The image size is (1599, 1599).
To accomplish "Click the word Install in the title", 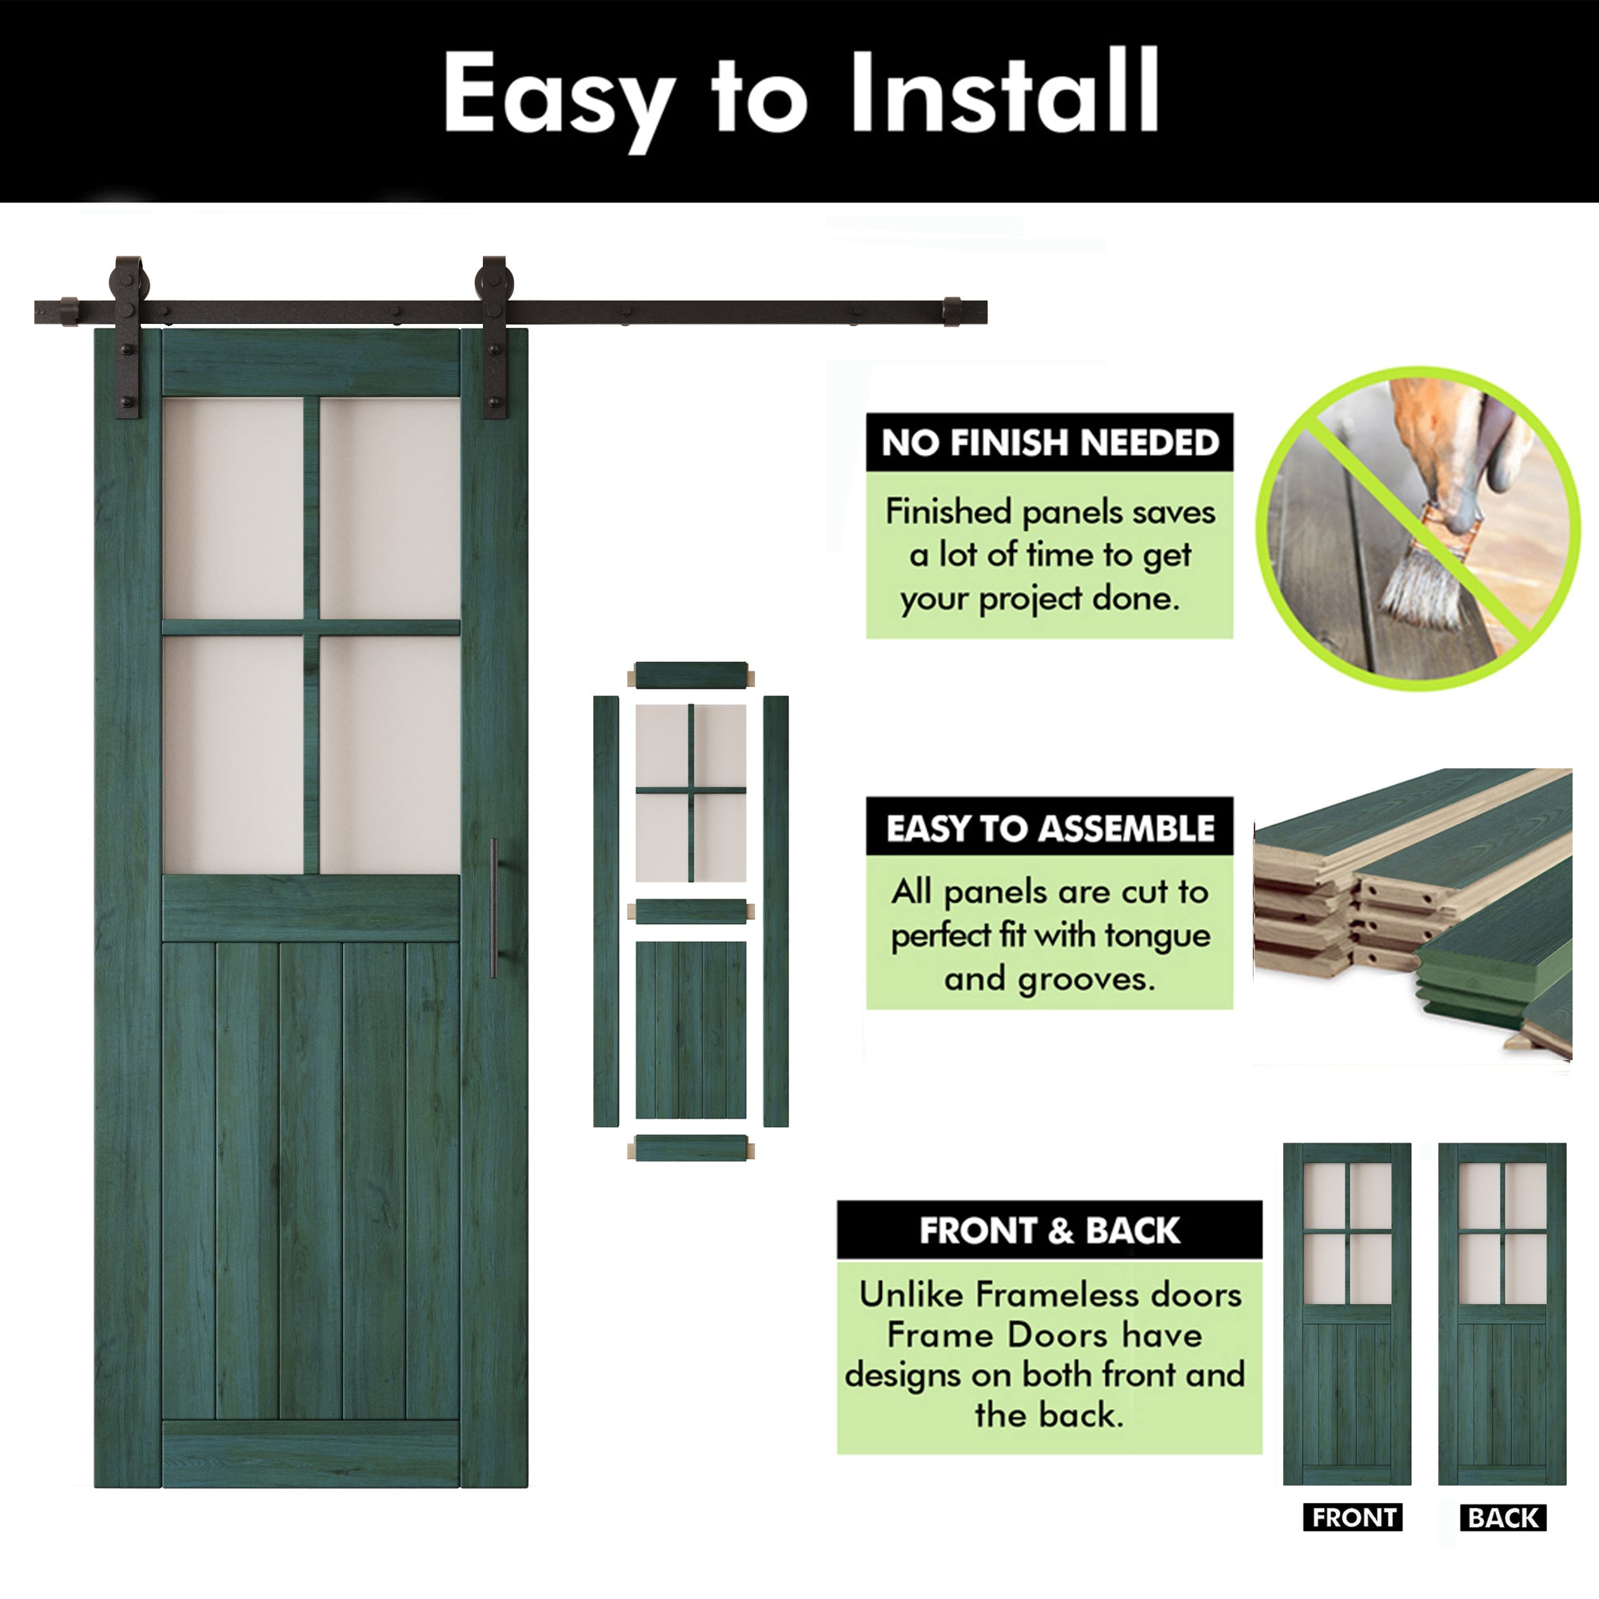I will [1004, 93].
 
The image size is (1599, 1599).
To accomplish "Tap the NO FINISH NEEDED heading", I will [1050, 443].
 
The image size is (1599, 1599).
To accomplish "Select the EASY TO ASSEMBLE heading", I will [1050, 827].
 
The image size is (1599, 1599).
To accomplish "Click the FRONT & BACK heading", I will [1050, 1230].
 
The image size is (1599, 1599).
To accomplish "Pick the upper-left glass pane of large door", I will [233, 507].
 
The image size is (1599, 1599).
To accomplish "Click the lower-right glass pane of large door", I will [389, 753].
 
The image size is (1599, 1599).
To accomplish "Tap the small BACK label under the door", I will [1503, 1517].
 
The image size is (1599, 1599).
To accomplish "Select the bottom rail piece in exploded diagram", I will [691, 1148].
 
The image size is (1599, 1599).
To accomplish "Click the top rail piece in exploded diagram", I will [691, 675].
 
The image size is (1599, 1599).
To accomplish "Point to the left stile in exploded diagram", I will [606, 911].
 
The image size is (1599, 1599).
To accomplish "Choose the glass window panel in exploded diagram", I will [691, 792].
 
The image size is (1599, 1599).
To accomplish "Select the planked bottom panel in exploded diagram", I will [691, 1030].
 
